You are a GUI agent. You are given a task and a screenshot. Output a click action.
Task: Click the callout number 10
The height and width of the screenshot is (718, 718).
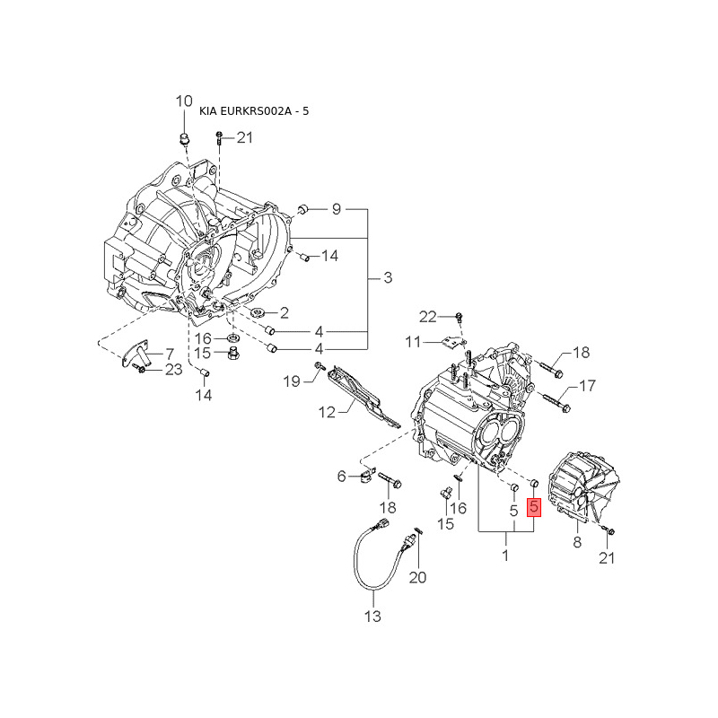(x=183, y=101)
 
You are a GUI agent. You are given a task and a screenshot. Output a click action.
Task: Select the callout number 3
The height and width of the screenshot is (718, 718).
(x=388, y=278)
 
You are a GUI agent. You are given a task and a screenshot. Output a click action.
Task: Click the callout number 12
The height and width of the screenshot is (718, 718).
(x=325, y=412)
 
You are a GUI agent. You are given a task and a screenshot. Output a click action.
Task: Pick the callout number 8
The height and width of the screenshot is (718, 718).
(x=577, y=541)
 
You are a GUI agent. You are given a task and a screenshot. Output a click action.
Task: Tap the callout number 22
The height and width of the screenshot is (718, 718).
(x=427, y=316)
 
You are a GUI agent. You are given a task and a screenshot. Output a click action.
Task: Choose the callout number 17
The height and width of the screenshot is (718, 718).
(x=587, y=387)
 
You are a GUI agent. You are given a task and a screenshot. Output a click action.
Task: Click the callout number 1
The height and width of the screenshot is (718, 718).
(x=505, y=556)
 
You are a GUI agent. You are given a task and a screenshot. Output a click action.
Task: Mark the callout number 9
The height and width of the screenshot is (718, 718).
(x=337, y=209)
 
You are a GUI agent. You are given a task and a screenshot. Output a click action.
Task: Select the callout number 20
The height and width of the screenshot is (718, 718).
(x=417, y=578)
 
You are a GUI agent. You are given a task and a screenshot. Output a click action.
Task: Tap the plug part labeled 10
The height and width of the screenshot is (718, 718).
(x=184, y=138)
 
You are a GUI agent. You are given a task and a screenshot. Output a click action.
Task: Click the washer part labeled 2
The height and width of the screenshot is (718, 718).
(x=258, y=312)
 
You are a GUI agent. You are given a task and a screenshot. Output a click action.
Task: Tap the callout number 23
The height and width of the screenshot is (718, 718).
(x=172, y=369)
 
